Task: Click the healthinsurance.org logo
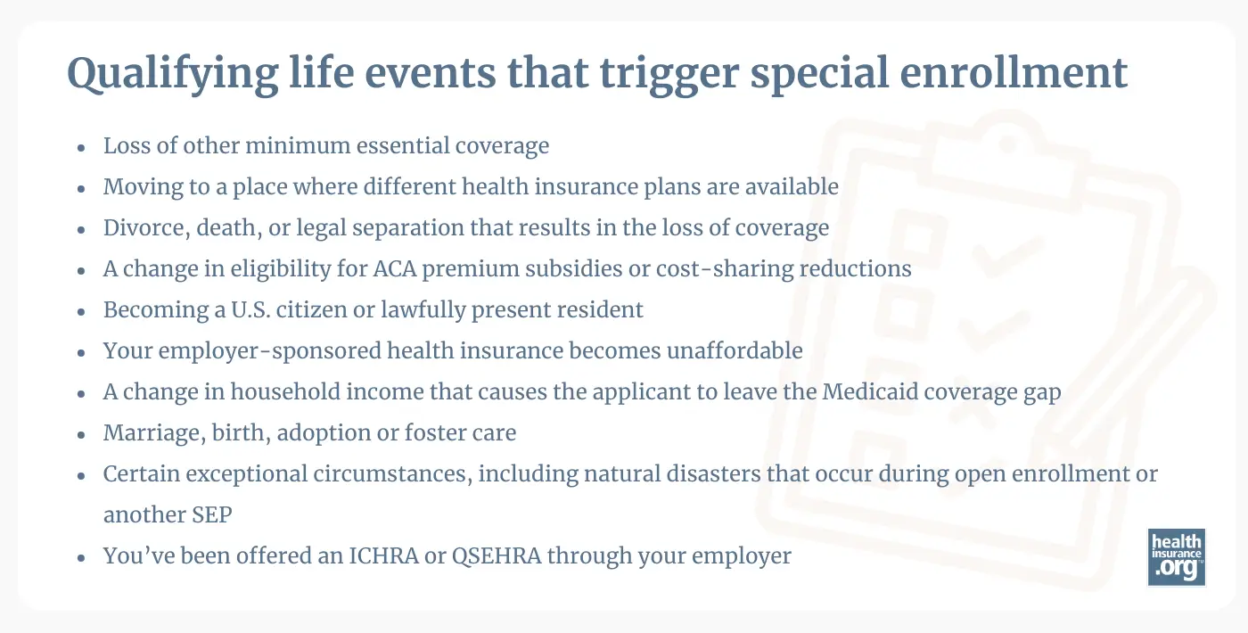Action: click(1176, 557)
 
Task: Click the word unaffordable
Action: click(734, 350)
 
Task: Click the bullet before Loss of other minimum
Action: click(82, 147)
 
